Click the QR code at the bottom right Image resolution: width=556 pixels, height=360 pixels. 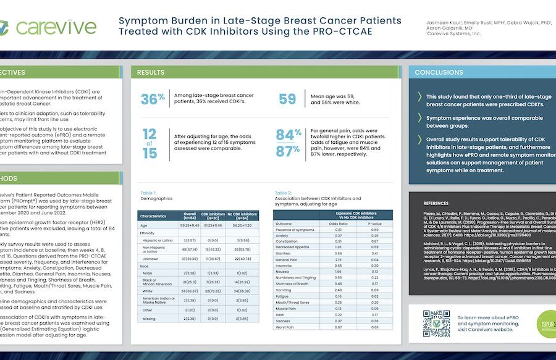436,323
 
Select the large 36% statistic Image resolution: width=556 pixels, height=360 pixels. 153,99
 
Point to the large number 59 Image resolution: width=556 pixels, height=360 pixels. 287,99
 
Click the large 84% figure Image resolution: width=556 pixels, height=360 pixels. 289,135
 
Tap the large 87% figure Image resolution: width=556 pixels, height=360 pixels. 289,152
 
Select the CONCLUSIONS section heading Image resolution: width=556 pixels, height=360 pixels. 439,72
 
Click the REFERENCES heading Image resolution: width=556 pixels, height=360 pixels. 436,203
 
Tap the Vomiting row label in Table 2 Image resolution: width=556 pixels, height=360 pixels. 284,290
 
